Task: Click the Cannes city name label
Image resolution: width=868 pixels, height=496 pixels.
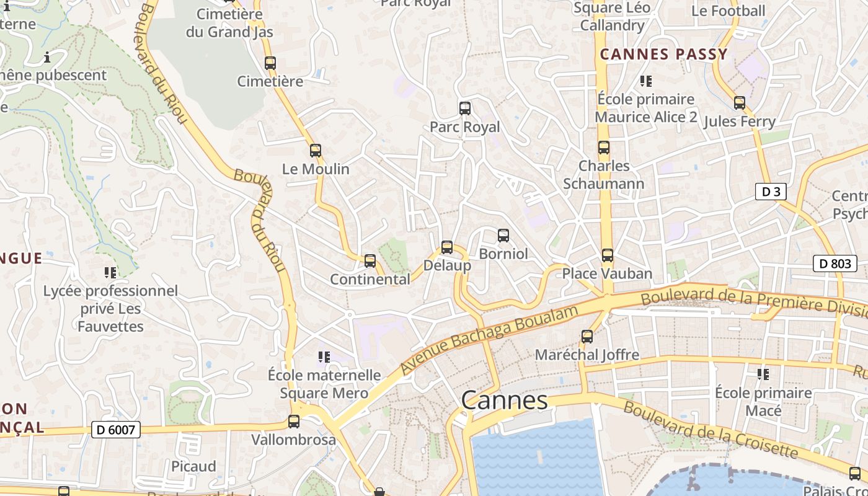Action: pyautogui.click(x=504, y=401)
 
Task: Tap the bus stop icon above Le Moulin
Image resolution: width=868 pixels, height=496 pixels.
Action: pyautogui.click(x=315, y=150)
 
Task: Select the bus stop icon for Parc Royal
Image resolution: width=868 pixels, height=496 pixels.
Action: pyautogui.click(x=464, y=108)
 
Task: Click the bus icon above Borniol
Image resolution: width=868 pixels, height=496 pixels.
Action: pyautogui.click(x=503, y=236)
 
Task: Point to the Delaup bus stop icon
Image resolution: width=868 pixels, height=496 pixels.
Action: pyautogui.click(x=446, y=247)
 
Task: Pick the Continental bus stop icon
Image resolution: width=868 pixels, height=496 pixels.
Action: pyautogui.click(x=370, y=261)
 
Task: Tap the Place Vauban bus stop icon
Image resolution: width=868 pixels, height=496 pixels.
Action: pyautogui.click(x=607, y=255)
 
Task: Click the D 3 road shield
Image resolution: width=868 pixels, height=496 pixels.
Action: pyautogui.click(x=771, y=192)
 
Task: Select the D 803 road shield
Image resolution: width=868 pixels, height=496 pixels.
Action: pyautogui.click(x=835, y=263)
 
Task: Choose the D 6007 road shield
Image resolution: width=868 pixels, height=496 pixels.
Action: pyautogui.click(x=116, y=429)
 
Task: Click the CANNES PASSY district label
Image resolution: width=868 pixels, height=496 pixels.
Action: pyautogui.click(x=663, y=55)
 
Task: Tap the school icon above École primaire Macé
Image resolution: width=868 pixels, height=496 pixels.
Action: pyautogui.click(x=763, y=374)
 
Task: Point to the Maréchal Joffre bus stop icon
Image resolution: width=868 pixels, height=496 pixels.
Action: pyautogui.click(x=587, y=337)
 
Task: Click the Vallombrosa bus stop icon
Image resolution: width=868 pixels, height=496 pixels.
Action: pyautogui.click(x=293, y=422)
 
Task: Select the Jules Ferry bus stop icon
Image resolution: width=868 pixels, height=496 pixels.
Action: pyautogui.click(x=739, y=103)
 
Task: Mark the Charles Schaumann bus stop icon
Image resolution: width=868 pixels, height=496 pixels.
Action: pyautogui.click(x=603, y=148)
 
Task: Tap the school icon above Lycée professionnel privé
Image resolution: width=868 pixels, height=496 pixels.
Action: pyautogui.click(x=110, y=272)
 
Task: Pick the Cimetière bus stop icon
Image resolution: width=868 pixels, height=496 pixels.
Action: pyautogui.click(x=270, y=63)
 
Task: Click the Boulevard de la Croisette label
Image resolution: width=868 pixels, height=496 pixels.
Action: pyautogui.click(x=711, y=429)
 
